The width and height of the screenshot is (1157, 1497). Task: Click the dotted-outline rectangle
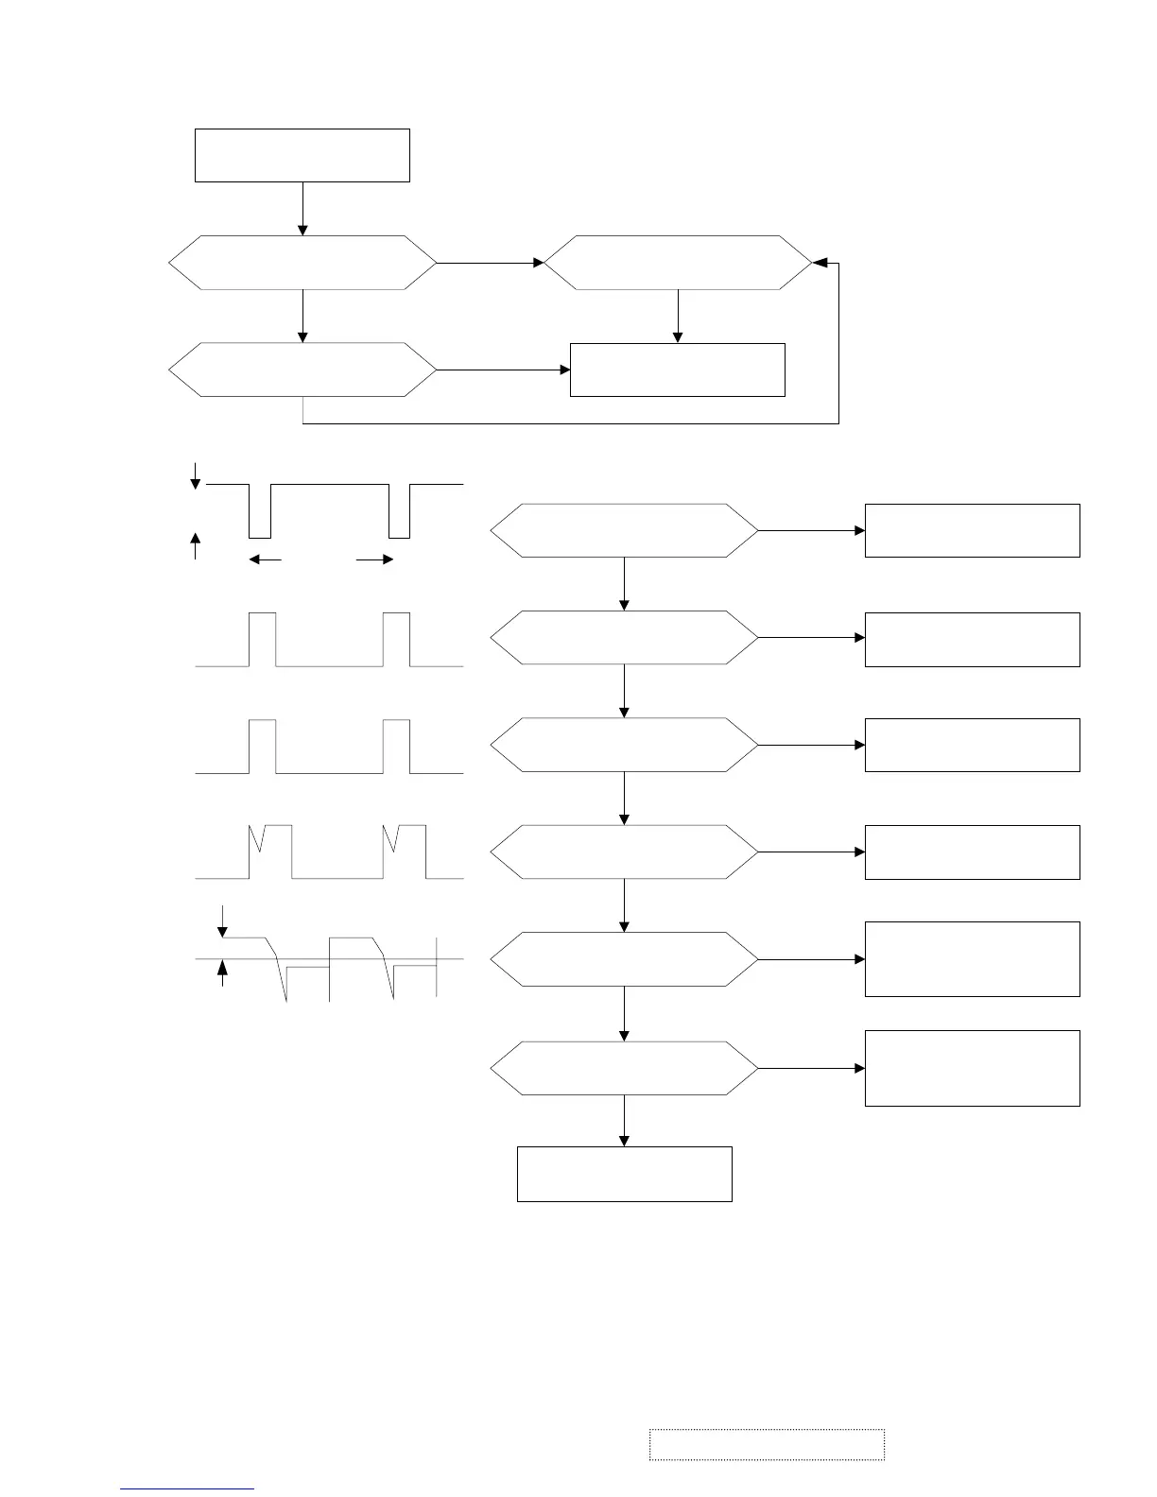[767, 1444]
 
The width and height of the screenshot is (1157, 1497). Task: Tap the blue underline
[187, 1489]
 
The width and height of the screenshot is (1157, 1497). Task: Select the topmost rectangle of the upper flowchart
[302, 155]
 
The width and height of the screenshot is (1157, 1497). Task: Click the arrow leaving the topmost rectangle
[302, 208]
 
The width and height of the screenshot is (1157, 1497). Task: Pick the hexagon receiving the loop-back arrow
[678, 262]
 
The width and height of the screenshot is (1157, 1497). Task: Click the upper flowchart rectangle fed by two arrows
[678, 370]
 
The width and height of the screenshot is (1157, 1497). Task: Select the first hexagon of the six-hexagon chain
[624, 530]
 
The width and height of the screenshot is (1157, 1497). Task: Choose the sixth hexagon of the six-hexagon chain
[624, 1068]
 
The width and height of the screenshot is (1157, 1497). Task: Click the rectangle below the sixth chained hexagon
[624, 1174]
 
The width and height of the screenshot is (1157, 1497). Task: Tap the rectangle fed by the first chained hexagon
[972, 530]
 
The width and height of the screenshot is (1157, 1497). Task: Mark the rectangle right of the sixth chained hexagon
[972, 1068]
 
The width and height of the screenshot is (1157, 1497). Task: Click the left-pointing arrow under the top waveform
[265, 559]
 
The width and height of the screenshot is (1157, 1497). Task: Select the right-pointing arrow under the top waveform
[375, 559]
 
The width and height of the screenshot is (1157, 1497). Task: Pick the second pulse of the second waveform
[397, 639]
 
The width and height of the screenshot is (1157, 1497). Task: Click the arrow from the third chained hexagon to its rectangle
[811, 745]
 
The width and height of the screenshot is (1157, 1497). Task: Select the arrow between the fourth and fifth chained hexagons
[625, 905]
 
